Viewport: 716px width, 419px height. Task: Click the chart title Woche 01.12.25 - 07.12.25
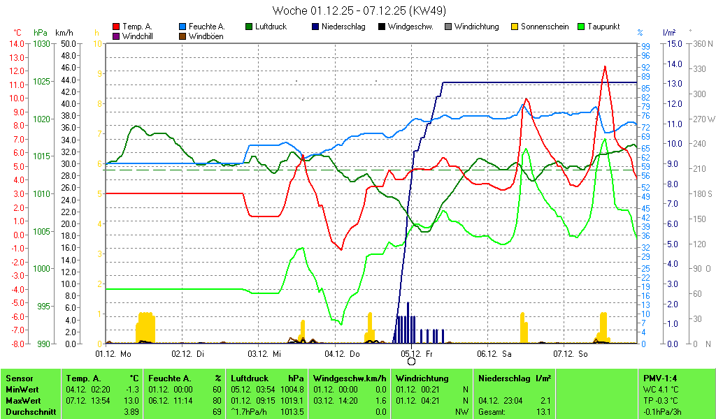[x=359, y=10]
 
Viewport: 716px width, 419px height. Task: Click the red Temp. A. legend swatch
[x=116, y=27]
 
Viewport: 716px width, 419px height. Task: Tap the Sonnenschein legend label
[x=545, y=27]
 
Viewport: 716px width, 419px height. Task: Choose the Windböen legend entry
[x=206, y=36]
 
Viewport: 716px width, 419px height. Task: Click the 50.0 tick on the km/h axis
[x=68, y=43]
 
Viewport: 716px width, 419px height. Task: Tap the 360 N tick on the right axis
[x=701, y=43]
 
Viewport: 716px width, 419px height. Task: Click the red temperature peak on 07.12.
[x=605, y=66]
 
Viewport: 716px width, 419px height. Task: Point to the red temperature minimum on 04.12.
[x=341, y=249]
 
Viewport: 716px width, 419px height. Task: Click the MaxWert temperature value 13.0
[x=132, y=401]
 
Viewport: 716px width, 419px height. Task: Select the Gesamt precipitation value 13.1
[x=543, y=412]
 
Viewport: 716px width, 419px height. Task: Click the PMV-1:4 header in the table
[x=661, y=378]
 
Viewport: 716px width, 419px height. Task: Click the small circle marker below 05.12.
[x=411, y=361]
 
